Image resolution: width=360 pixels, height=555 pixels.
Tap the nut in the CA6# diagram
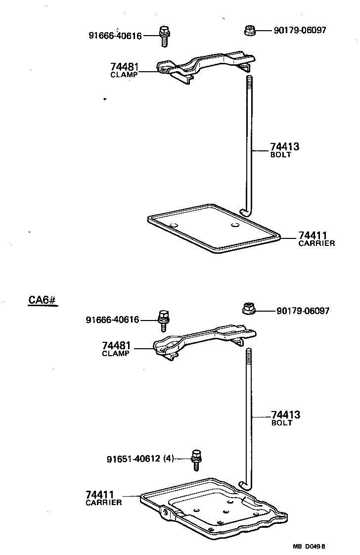coord(249,309)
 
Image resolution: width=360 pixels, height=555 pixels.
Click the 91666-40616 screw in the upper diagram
coord(164,36)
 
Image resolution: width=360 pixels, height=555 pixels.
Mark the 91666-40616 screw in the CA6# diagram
coord(163,320)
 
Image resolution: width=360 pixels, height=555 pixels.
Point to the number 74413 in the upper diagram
coord(285,146)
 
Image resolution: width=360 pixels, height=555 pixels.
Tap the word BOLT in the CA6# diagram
coord(282,423)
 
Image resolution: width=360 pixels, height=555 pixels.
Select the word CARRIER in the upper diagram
coord(316,243)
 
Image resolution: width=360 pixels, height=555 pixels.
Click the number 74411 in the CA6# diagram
coord(100,495)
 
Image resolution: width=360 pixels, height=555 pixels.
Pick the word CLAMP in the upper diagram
coord(124,75)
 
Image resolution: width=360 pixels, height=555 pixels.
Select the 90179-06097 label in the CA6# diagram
coord(303,311)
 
